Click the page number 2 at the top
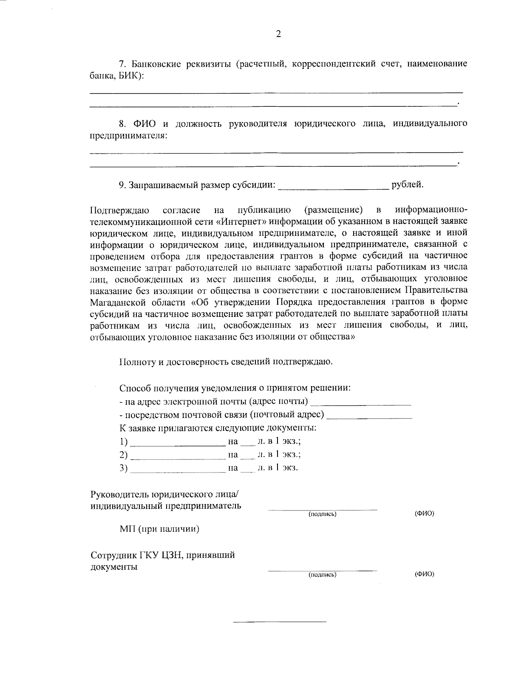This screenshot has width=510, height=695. click(x=278, y=34)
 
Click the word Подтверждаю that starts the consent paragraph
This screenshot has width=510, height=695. click(x=119, y=210)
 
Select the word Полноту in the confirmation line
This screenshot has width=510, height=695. click(x=136, y=362)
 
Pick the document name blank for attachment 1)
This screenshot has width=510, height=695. click(x=178, y=443)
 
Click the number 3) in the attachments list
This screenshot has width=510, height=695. click(x=124, y=468)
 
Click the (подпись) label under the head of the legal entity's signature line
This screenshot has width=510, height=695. click(x=323, y=514)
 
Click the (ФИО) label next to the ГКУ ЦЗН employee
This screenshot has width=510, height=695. click(x=424, y=574)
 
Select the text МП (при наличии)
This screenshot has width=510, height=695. click(x=159, y=530)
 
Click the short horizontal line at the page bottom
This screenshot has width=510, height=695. click(x=280, y=622)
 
